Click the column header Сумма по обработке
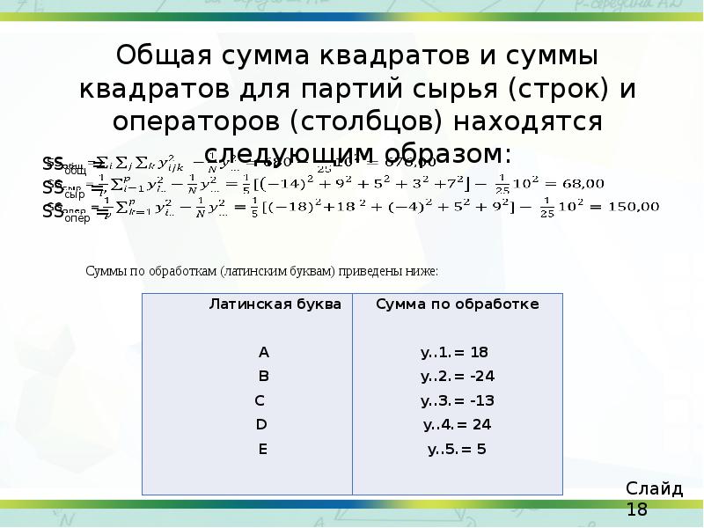(x=458, y=304)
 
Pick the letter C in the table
(x=260, y=400)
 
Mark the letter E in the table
(x=262, y=449)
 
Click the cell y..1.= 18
(x=455, y=352)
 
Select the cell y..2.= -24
(x=458, y=377)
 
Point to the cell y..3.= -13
(x=458, y=400)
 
